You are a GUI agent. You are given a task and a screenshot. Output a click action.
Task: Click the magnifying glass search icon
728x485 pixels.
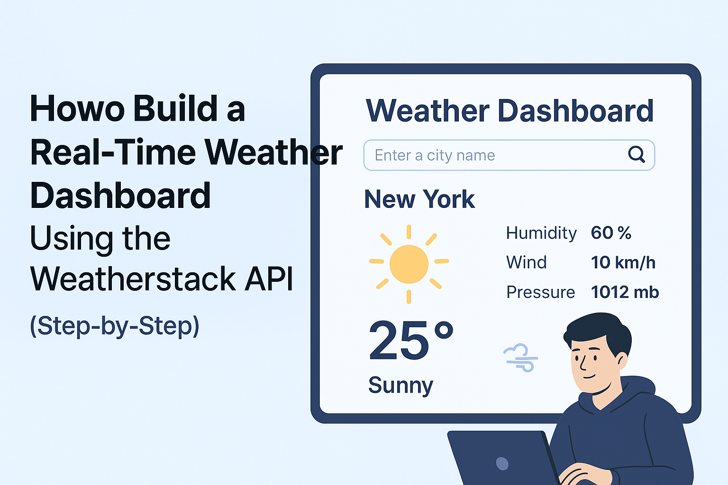click(637, 154)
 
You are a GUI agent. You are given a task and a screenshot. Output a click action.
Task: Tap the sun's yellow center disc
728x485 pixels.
click(409, 264)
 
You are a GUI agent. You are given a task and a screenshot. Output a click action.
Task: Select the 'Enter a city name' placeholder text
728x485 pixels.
click(435, 155)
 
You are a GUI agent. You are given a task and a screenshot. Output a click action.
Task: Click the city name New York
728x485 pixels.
click(419, 199)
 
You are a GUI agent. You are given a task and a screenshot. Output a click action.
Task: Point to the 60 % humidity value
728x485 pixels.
click(611, 233)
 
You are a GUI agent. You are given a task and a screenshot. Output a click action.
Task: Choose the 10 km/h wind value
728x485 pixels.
click(623, 262)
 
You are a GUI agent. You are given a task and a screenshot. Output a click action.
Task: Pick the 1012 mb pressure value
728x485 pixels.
click(625, 292)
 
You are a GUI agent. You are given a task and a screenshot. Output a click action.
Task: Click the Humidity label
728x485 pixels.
click(541, 233)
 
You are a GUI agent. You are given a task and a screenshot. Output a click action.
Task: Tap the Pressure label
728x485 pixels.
click(541, 292)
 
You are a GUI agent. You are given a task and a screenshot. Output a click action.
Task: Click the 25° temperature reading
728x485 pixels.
click(411, 340)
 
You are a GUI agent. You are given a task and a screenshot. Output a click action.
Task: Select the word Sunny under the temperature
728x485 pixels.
click(400, 386)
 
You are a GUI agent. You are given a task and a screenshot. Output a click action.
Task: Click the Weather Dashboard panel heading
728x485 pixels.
click(510, 111)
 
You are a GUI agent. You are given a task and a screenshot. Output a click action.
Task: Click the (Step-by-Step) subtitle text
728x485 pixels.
click(114, 326)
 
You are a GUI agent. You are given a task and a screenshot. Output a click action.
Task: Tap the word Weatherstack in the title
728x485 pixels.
click(133, 278)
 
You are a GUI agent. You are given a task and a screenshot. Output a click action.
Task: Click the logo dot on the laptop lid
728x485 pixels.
click(502, 464)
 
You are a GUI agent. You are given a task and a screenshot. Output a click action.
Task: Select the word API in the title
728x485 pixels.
click(269, 278)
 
